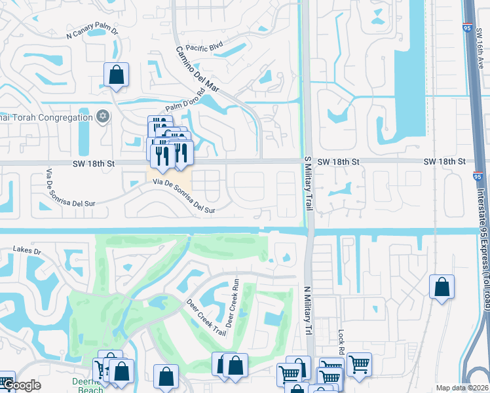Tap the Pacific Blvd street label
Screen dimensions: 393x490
[x=205, y=48]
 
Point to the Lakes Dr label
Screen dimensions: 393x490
[x=28, y=251]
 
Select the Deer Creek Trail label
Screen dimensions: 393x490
[x=202, y=316]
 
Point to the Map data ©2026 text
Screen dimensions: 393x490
[x=462, y=388]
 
